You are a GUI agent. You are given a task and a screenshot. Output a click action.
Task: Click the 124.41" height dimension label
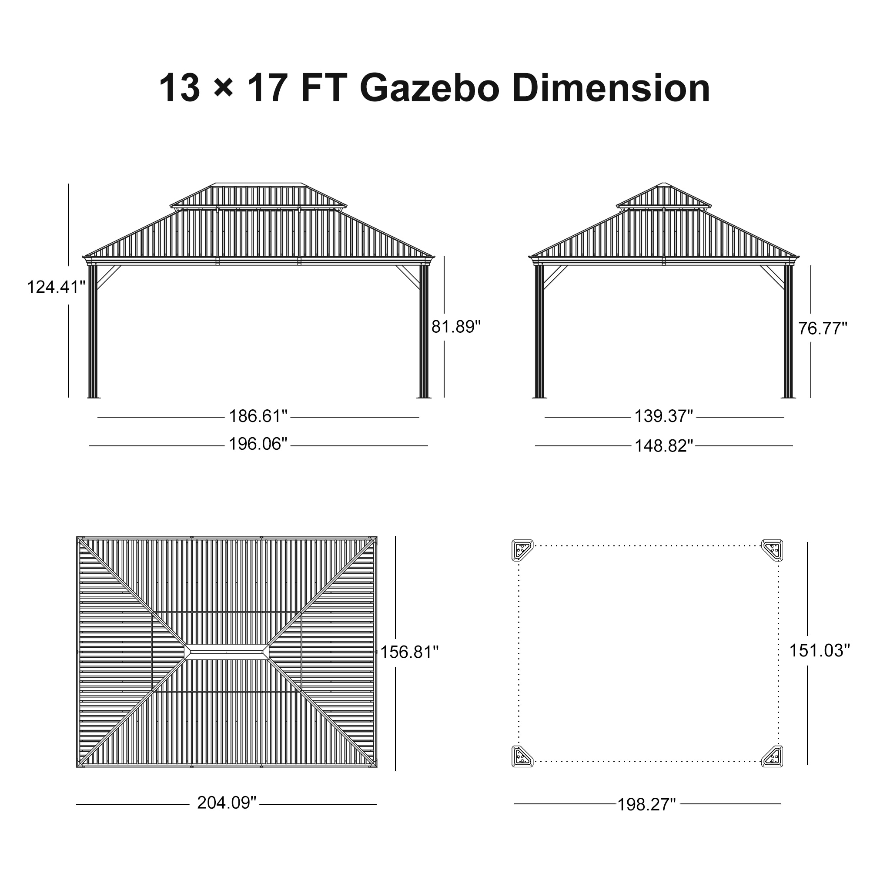(x=56, y=287)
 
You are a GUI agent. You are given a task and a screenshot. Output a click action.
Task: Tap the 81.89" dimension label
(x=456, y=327)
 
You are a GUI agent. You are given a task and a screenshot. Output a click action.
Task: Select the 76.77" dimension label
(x=823, y=328)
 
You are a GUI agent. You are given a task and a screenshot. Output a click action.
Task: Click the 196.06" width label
(x=258, y=444)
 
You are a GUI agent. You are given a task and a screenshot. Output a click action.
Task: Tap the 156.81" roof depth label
(x=409, y=652)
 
